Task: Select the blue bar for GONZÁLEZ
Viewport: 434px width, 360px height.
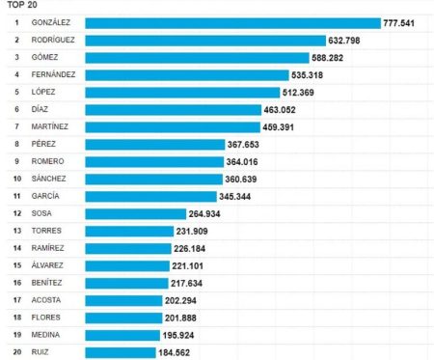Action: click(232, 23)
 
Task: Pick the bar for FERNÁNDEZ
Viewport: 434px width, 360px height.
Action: click(186, 74)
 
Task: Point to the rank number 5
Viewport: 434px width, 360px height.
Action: click(16, 92)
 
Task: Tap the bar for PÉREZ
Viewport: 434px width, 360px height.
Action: click(154, 144)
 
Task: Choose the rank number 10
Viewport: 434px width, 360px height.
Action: click(16, 179)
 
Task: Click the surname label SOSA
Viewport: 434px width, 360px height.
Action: click(41, 213)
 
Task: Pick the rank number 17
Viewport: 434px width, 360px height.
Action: click(16, 300)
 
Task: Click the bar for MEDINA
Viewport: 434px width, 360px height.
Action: click(122, 335)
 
